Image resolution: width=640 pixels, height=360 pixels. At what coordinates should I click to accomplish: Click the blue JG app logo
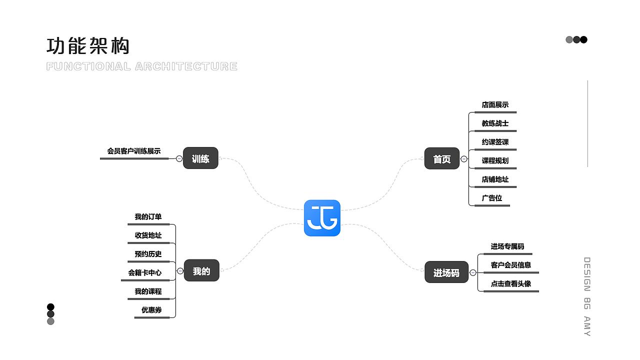322,218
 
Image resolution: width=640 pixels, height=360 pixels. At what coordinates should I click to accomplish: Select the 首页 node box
441,158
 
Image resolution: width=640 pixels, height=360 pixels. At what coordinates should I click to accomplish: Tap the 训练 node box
200,158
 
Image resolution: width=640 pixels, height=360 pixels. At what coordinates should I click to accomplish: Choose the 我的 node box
201,270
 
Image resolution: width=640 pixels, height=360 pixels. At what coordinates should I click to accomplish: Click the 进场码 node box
446,272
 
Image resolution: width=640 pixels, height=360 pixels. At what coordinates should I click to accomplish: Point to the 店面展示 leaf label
495,105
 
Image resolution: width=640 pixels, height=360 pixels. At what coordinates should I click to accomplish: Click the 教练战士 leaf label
495,123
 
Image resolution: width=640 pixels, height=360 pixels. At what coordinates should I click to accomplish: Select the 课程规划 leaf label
495,160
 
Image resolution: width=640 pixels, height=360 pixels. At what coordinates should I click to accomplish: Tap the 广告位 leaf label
491,198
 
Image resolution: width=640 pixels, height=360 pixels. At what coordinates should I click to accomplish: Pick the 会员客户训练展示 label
133,151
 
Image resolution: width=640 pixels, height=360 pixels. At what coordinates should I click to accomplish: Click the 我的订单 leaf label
148,217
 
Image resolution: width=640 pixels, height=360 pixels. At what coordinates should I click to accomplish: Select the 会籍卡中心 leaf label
144,273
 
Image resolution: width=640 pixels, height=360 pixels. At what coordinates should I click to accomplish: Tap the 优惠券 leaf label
151,310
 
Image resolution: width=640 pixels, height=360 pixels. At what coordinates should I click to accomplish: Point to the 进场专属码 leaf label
507,246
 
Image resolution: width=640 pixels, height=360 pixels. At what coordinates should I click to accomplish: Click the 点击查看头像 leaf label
511,283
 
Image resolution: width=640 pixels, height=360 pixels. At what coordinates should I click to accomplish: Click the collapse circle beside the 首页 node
464,159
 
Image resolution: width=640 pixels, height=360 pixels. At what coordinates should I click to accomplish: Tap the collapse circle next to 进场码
473,272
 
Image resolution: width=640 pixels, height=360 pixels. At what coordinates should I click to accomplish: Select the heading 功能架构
88,45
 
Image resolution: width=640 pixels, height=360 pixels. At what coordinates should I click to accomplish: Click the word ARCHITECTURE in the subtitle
186,66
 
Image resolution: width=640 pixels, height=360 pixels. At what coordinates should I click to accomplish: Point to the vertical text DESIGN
587,274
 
